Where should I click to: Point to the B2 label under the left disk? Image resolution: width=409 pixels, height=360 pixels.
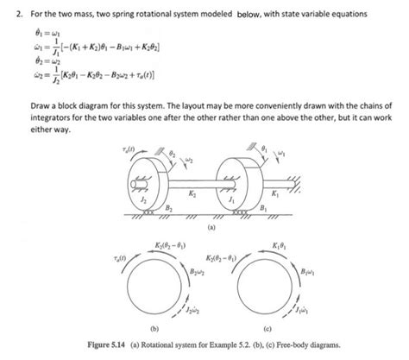[x=169, y=206]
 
